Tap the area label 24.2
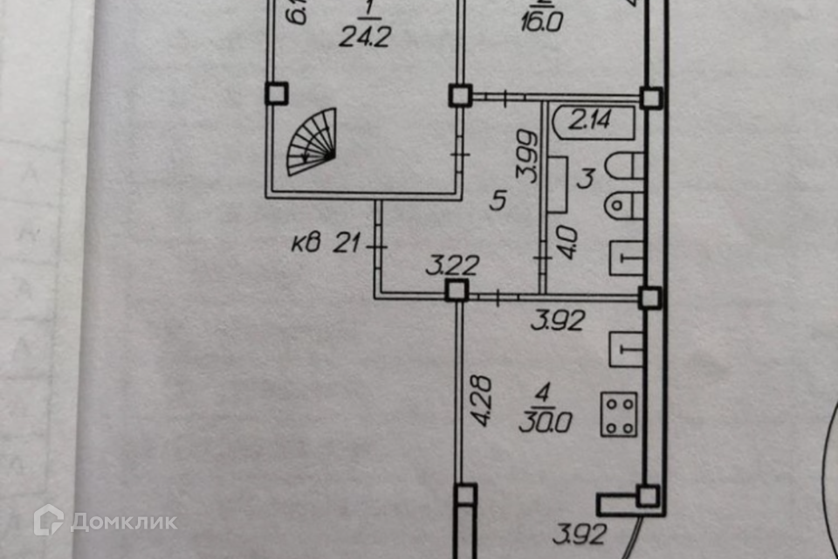tap(367, 36)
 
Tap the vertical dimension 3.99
tap(526, 156)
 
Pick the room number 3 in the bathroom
tap(587, 179)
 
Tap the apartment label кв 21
tap(326, 244)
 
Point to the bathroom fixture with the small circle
tap(623, 204)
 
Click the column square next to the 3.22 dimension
tap(456, 290)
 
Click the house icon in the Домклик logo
tap(49, 521)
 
